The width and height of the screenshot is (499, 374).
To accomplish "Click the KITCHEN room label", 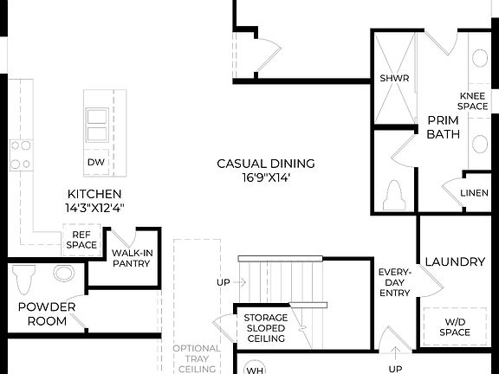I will tap(94, 194).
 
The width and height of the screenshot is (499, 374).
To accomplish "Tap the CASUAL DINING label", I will tap(266, 163).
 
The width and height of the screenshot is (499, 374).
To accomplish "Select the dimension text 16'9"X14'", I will tap(266, 177).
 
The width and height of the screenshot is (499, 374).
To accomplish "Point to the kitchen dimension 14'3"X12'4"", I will tap(94, 208).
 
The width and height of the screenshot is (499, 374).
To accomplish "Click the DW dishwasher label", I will tap(96, 162).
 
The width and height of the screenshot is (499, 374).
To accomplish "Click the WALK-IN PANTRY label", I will tap(131, 259).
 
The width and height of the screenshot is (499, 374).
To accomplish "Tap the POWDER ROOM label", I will tap(47, 313).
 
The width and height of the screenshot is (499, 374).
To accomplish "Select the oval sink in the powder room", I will tap(65, 274).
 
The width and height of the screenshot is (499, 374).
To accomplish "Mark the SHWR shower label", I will tap(393, 78).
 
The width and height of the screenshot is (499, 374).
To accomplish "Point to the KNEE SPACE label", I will tap(474, 100).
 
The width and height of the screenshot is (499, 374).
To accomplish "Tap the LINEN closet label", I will tap(474, 192).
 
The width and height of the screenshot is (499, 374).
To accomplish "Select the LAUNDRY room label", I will tap(454, 261).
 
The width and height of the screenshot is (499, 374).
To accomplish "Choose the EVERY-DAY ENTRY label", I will tap(394, 283).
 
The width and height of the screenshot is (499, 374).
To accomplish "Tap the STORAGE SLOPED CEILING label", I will tap(265, 328).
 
